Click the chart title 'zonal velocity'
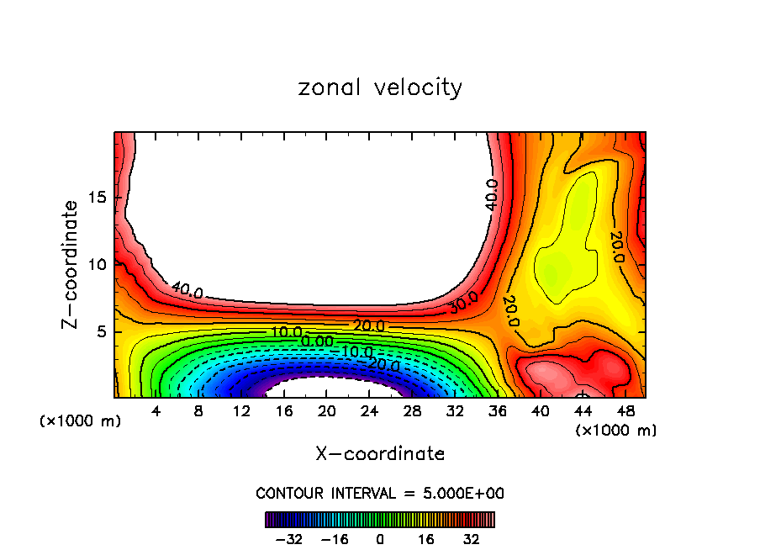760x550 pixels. pyautogui.click(x=380, y=87)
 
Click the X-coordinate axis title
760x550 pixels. pyautogui.click(x=380, y=454)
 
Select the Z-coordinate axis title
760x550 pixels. pyautogui.click(x=71, y=265)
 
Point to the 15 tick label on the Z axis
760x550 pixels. pyautogui.click(x=98, y=198)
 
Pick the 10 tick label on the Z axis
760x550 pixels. pyautogui.click(x=98, y=264)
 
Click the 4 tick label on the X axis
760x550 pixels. pyautogui.click(x=156, y=412)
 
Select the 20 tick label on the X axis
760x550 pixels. pyautogui.click(x=326, y=412)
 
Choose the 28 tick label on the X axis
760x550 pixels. pyautogui.click(x=412, y=412)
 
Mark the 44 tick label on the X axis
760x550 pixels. pyautogui.click(x=583, y=412)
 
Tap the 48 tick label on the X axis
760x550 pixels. pyautogui.click(x=625, y=412)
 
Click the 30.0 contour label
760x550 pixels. pyautogui.click(x=463, y=302)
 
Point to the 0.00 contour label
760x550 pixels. pyautogui.click(x=318, y=341)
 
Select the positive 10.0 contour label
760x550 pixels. pyautogui.click(x=286, y=332)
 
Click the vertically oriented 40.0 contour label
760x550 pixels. pyautogui.click(x=491, y=194)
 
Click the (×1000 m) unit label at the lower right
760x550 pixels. pyautogui.click(x=616, y=431)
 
